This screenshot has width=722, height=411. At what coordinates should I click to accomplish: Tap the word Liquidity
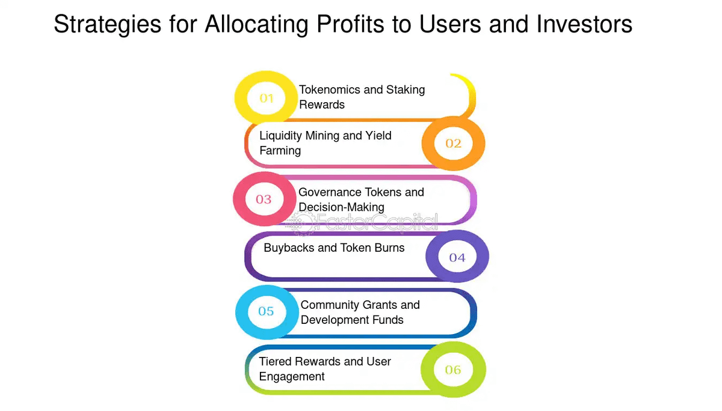click(x=280, y=136)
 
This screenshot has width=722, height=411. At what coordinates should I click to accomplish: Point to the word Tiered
click(x=276, y=362)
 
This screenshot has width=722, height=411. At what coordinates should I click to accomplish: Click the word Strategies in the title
click(x=107, y=25)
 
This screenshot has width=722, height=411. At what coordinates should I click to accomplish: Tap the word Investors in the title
click(x=584, y=24)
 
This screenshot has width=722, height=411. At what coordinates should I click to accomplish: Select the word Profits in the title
click(x=350, y=24)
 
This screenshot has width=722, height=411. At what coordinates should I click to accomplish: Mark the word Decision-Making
click(x=341, y=207)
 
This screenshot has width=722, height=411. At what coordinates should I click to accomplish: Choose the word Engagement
click(x=292, y=377)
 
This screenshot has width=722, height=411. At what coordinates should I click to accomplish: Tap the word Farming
click(x=280, y=151)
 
